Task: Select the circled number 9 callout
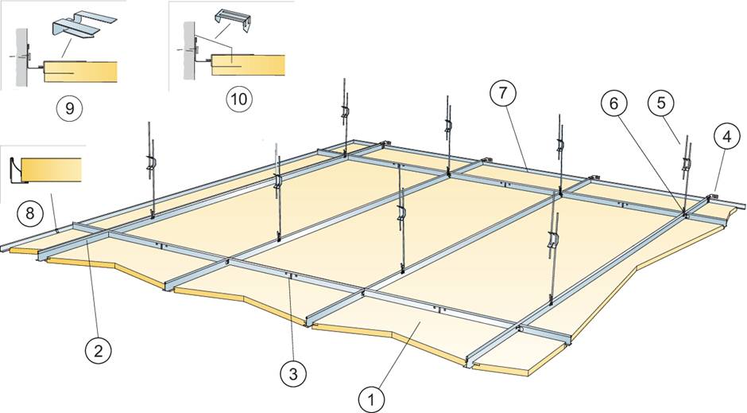pos(70,107)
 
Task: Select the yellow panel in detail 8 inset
pos(52,169)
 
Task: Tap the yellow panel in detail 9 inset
pos(79,70)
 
